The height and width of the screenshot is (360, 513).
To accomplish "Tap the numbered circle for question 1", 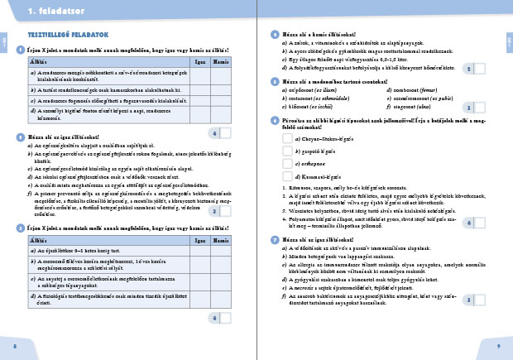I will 20,50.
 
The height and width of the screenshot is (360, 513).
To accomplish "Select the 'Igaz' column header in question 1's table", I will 199,61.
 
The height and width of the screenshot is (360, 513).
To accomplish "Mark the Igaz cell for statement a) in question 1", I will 199,74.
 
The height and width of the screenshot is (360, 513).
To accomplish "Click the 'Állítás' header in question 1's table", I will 37,61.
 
